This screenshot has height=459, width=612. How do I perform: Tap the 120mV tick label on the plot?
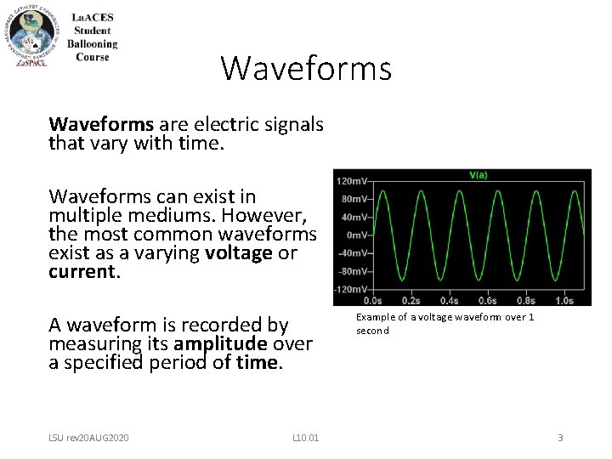pos(353,182)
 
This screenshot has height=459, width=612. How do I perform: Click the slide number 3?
pos(560,438)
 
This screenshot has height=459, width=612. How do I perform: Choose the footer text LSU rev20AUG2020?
pos(89,438)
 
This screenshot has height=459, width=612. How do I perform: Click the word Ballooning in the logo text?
pos(93,44)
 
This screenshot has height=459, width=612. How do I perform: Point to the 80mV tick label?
pos(354,200)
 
